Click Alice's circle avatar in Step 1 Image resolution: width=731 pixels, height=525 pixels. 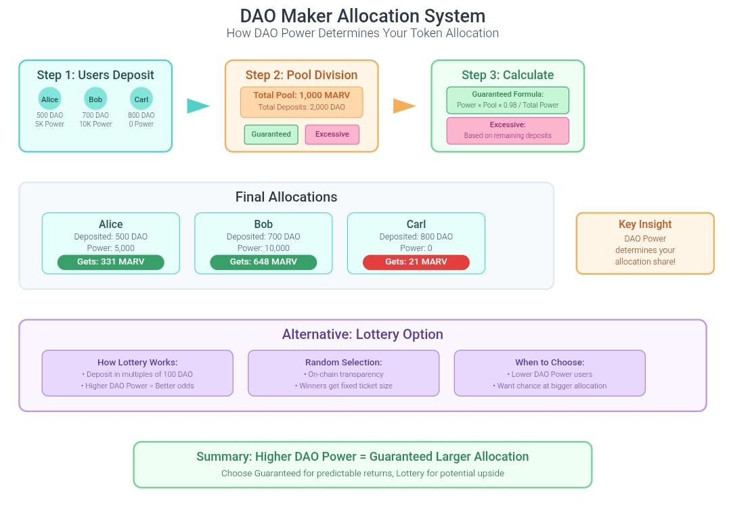pos(49,99)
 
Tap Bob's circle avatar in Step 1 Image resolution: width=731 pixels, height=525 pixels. pos(95,99)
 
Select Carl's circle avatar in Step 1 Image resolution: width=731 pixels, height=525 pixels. pos(141,99)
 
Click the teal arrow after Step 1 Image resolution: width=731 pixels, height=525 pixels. pos(198,106)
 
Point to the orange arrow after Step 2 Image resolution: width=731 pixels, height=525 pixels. pos(404,106)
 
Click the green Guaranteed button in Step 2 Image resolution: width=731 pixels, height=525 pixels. pos(271,134)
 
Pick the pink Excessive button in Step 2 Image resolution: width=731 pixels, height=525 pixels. pos(332,134)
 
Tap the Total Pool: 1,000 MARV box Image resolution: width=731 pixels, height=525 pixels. pos(301,101)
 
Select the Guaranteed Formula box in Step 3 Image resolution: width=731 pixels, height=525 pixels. pos(508,99)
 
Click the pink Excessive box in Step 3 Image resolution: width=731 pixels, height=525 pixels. pos(508,130)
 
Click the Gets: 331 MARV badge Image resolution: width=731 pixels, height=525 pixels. pos(111,262)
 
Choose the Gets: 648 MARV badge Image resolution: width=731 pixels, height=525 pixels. pos(263,262)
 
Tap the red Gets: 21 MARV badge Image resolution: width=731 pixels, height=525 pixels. pos(416,262)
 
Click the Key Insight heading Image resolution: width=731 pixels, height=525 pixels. pos(645,225)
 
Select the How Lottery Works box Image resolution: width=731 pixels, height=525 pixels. pos(137,373)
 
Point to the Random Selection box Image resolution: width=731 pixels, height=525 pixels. pos(343,373)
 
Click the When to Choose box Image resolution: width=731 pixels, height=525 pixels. pos(550,373)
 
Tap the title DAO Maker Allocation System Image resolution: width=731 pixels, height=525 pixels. pos(363,16)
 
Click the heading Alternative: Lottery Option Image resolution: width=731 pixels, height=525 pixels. pos(363,334)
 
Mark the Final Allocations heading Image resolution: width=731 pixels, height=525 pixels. pos(286,198)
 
